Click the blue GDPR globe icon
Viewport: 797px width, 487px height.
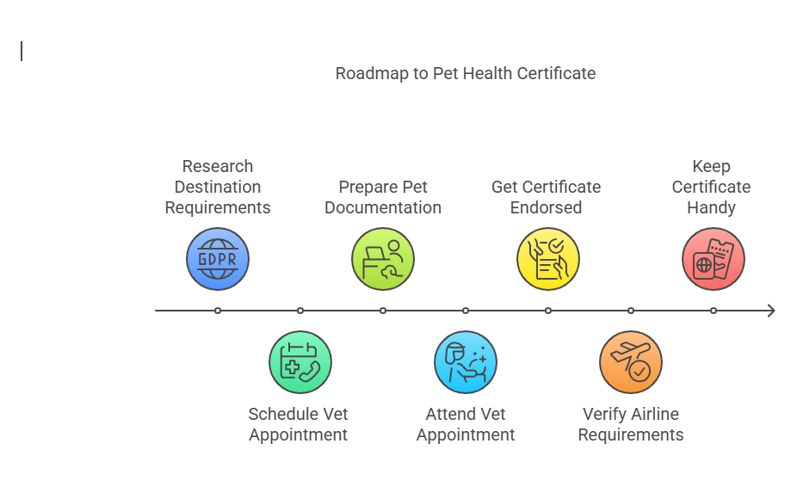[x=218, y=259]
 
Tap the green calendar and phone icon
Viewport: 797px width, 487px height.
[x=300, y=362]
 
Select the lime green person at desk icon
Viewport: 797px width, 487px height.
[x=383, y=259]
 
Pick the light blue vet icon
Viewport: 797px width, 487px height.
[x=466, y=362]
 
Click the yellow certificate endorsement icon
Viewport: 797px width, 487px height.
[x=548, y=259]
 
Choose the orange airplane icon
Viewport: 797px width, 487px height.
[x=631, y=362]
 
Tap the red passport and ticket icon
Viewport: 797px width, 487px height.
[x=714, y=259]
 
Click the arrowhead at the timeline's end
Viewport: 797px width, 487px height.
[x=770, y=311]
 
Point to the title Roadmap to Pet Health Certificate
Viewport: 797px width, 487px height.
[x=466, y=73]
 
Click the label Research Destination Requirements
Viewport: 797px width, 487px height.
[x=218, y=187]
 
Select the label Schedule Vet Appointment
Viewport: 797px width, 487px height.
[x=299, y=424]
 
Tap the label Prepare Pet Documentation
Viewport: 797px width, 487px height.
[x=383, y=197]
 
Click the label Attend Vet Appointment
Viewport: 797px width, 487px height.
[x=466, y=424]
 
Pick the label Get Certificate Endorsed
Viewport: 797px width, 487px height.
[x=547, y=197]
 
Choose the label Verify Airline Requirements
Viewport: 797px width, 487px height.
[x=631, y=424]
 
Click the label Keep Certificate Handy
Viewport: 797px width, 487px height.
[x=712, y=187]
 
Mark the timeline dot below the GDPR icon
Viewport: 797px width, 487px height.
[x=218, y=311]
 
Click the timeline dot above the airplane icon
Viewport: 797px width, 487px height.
[x=631, y=311]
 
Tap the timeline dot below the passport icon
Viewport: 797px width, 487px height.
[x=714, y=311]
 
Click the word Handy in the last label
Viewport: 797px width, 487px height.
[x=712, y=207]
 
